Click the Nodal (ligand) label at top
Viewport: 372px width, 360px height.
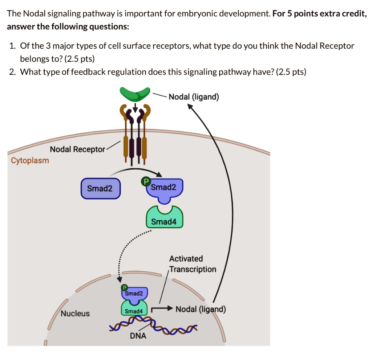coord(194,97)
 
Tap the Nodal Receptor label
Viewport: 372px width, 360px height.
coord(77,149)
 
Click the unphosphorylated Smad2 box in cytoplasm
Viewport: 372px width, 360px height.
coord(100,188)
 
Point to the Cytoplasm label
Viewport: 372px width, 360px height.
coord(30,160)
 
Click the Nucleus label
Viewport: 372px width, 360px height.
coord(75,313)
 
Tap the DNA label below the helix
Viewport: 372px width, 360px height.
coord(138,336)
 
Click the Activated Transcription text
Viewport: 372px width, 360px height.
coord(192,264)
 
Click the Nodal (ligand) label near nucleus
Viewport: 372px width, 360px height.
coord(201,309)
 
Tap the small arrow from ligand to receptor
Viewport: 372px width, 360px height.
coord(135,107)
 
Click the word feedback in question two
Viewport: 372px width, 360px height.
coord(87,72)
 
